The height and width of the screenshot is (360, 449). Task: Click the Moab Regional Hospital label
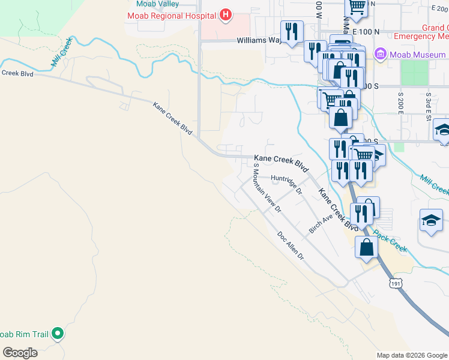[x=171, y=15]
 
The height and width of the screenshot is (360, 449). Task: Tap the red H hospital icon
[x=226, y=15]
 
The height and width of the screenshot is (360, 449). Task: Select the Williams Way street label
[x=259, y=41]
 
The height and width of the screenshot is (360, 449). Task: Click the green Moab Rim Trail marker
[x=58, y=332]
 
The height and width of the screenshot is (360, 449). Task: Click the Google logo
[x=20, y=352]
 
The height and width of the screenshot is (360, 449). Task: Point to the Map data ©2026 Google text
[x=411, y=355]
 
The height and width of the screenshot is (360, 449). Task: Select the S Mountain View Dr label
[x=267, y=188]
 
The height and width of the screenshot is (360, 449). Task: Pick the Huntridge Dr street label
[x=286, y=183]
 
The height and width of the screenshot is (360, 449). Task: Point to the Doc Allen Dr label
[x=291, y=246]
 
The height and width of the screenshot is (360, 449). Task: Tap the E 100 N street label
[x=363, y=31]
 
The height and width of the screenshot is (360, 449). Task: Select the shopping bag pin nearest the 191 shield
[x=366, y=247]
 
